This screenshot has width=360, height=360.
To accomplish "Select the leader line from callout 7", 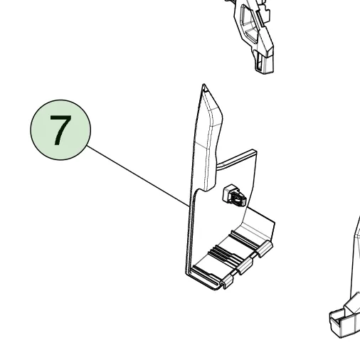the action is [138, 176].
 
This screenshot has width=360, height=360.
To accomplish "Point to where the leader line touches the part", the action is [190, 207].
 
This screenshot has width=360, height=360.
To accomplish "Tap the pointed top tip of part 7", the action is [203, 84].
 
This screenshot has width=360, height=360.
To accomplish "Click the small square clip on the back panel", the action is [234, 196].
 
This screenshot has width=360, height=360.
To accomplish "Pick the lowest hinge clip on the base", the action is [227, 282].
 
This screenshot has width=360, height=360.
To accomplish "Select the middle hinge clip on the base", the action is [245, 266].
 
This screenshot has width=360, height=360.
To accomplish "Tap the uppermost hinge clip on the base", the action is [265, 248].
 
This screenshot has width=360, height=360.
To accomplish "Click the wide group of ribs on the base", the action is [224, 255].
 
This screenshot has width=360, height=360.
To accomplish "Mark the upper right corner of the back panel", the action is [255, 150].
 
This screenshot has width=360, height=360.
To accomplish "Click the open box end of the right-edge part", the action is [342, 323].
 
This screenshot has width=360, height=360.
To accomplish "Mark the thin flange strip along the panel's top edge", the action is [236, 159].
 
